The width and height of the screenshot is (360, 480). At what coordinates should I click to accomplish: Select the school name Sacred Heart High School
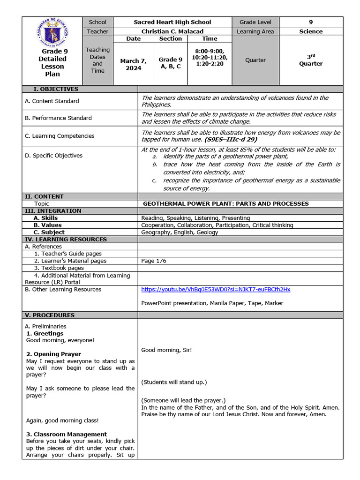(x=172, y=22)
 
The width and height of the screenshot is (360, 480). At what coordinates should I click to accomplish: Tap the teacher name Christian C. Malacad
(x=172, y=31)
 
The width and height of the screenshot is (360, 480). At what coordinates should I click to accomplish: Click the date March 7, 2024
(x=133, y=64)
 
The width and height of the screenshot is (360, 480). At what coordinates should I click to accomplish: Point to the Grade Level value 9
(x=311, y=22)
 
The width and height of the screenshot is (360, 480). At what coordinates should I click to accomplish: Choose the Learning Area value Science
(x=311, y=31)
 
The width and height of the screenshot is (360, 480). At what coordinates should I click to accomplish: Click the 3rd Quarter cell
(x=311, y=60)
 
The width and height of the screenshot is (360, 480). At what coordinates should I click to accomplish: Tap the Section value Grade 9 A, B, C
(x=170, y=63)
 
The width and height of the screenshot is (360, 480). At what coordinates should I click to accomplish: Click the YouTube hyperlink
(x=216, y=289)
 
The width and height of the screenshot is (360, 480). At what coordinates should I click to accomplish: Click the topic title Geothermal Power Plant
(x=225, y=203)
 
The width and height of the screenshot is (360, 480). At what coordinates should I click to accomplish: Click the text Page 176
(x=154, y=261)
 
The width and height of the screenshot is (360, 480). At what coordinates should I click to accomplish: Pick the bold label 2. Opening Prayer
(x=53, y=354)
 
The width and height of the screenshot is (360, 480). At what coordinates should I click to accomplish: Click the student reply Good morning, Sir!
(x=166, y=350)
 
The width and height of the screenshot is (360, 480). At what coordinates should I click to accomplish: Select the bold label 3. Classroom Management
(x=66, y=434)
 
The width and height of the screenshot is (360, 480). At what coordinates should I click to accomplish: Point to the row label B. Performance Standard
(x=58, y=118)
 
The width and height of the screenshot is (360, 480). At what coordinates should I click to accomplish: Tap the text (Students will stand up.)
(x=174, y=382)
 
